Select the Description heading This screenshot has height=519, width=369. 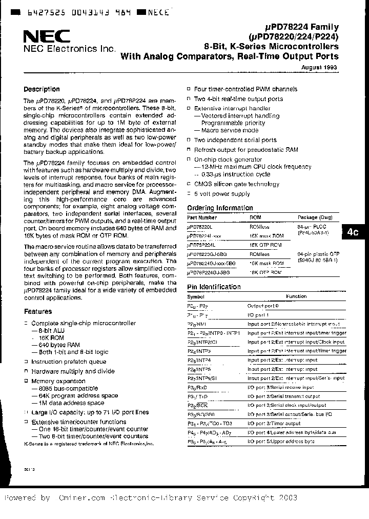(42, 89)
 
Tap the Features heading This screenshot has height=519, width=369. (38, 311)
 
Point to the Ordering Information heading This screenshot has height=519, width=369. (220, 208)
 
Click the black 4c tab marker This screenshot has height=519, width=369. (352, 232)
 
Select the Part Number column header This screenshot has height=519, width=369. (201, 217)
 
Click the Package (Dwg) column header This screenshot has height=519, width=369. (315, 217)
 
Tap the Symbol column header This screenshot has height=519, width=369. (196, 296)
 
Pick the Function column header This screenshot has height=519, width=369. (296, 296)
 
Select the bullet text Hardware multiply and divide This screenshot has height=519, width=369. (73, 371)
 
